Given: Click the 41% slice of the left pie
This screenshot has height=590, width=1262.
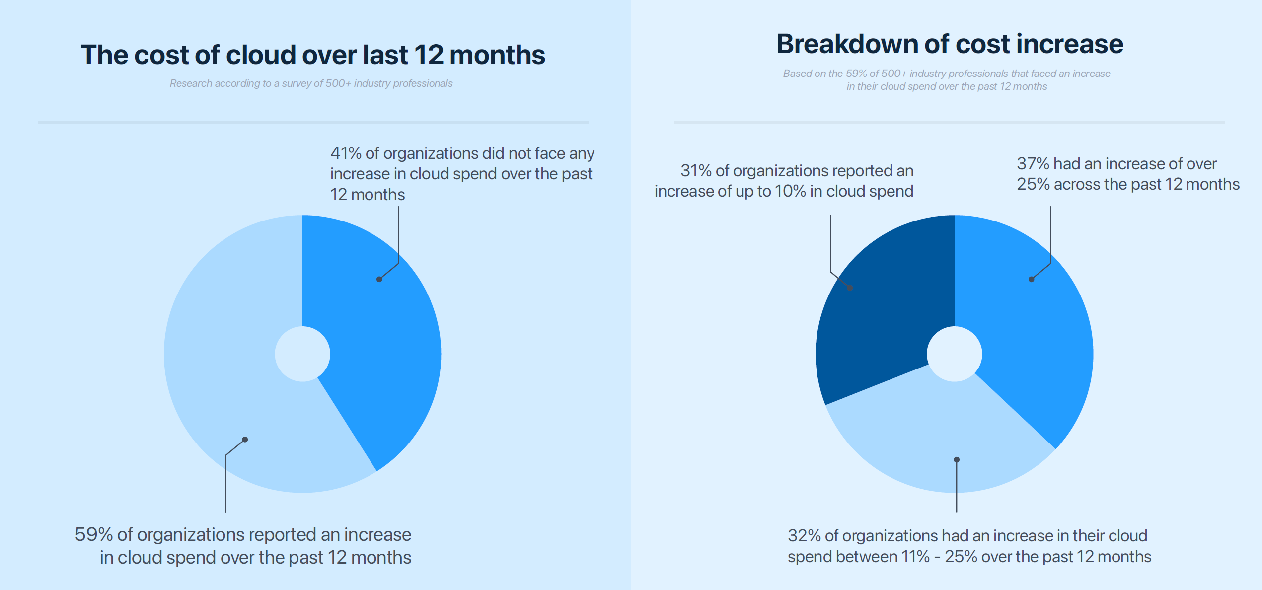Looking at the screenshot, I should tap(382, 338).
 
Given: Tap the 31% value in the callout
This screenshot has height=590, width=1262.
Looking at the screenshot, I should tap(696, 171).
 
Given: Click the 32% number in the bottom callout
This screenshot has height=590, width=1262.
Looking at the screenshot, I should tap(804, 536).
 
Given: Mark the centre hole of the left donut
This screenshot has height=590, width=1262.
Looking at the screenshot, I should tap(302, 354).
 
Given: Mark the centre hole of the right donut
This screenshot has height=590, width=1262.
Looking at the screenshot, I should tap(954, 354).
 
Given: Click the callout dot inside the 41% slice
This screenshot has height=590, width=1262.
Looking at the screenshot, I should tap(379, 279).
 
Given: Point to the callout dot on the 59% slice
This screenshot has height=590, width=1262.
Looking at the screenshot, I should tap(245, 440).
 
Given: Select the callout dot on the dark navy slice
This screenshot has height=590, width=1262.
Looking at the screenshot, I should tap(850, 288).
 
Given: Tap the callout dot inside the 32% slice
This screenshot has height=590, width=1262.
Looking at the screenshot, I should tap(957, 460).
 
